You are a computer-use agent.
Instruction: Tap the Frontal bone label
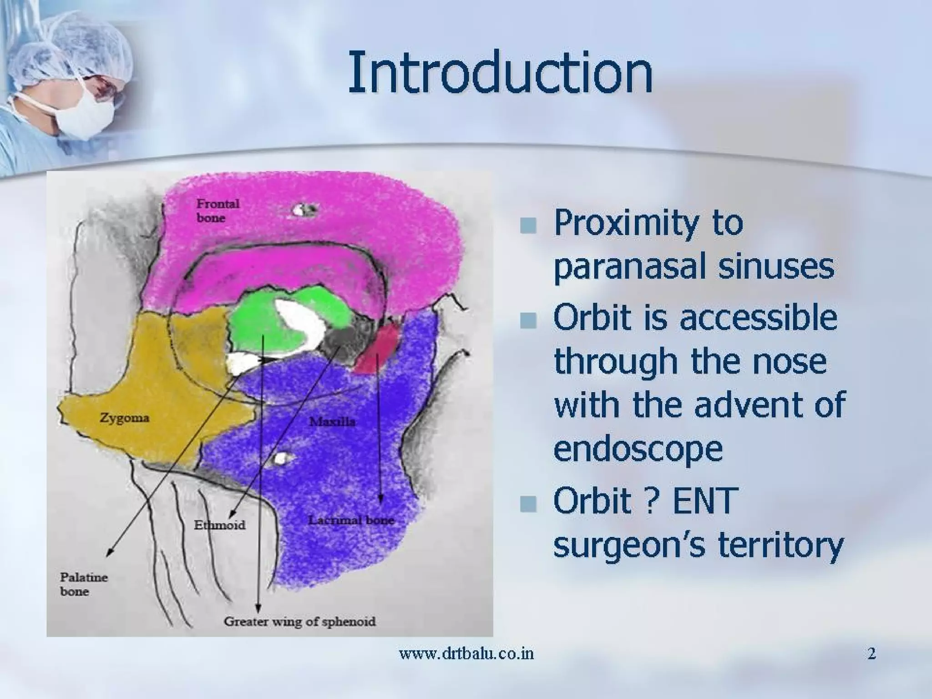point(217,210)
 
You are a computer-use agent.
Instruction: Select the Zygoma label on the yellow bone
point(124,418)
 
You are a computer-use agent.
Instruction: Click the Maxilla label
point(332,422)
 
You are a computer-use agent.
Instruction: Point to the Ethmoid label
point(219,525)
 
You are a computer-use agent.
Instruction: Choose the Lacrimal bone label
point(351,520)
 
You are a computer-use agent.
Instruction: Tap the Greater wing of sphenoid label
point(299,621)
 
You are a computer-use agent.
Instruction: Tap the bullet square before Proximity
point(528,225)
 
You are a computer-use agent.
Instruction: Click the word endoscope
point(638,448)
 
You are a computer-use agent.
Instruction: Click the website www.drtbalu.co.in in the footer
point(466,654)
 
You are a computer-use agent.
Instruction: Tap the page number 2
point(871,654)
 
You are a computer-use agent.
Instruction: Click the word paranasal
point(630,268)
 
